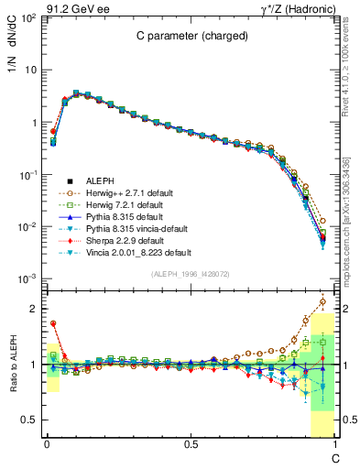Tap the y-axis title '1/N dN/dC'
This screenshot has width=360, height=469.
(x=16, y=38)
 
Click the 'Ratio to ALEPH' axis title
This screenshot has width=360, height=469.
(x=16, y=365)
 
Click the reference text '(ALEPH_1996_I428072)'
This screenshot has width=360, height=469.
(x=191, y=274)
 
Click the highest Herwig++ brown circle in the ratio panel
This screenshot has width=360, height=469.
(x=322, y=301)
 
